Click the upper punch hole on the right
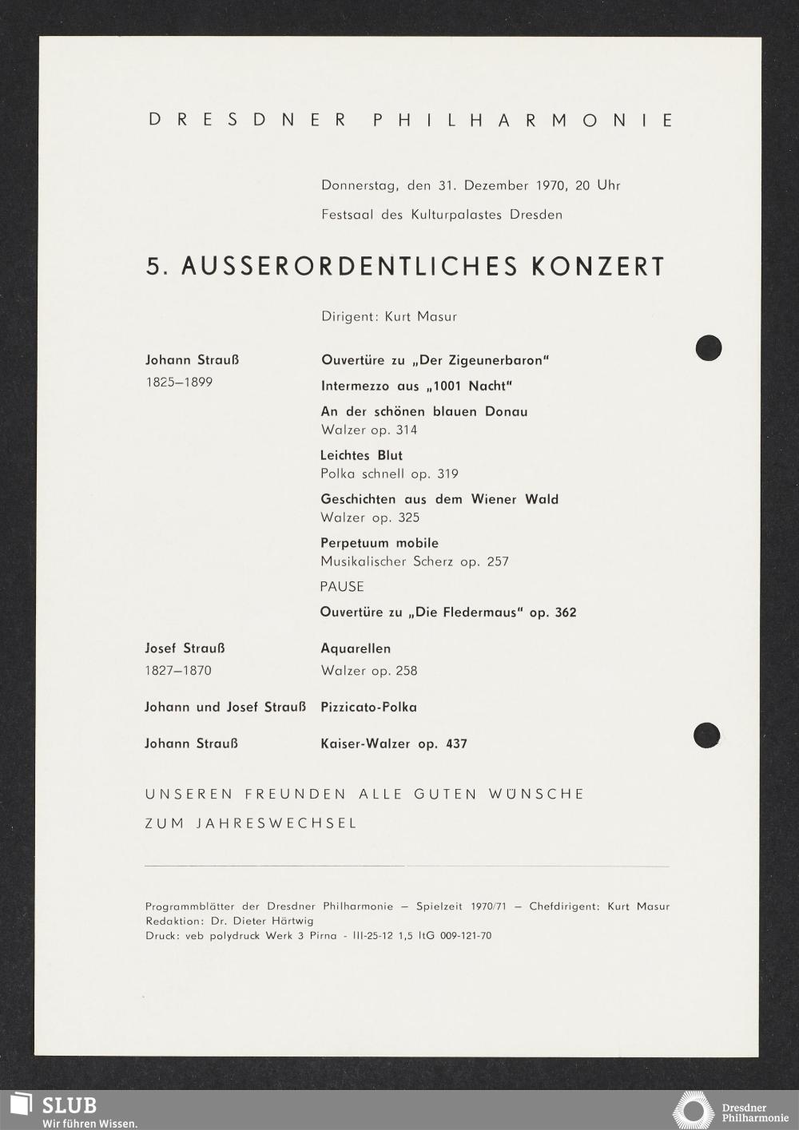click(709, 348)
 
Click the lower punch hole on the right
click(706, 735)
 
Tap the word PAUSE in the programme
click(342, 587)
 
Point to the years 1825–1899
click(179, 383)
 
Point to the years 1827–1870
click(178, 671)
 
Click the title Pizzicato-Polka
click(368, 708)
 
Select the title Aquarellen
click(356, 648)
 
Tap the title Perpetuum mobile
click(380, 543)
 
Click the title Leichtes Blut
click(361, 455)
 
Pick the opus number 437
click(456, 744)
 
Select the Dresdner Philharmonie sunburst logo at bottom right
click(692, 1111)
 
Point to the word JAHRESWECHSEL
click(276, 823)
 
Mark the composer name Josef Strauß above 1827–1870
click(185, 648)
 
